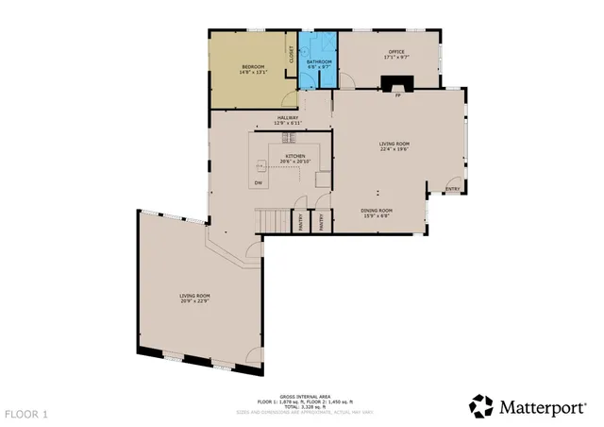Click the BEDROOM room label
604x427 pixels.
pyautogui.click(x=252, y=66)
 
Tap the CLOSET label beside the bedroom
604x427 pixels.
pyautogui.click(x=292, y=56)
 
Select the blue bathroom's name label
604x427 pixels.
pyautogui.click(x=319, y=61)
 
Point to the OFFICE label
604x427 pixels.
pyautogui.click(x=396, y=52)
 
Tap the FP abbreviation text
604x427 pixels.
pyautogui.click(x=397, y=96)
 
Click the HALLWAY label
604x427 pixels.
pyautogui.click(x=286, y=118)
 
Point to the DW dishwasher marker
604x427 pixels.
pyautogui.click(x=257, y=181)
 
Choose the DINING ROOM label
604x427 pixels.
pyautogui.click(x=376, y=211)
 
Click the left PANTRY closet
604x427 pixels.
pyautogui.click(x=302, y=221)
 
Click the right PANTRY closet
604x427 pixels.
pyautogui.click(x=322, y=221)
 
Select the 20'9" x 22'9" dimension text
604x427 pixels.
pyautogui.click(x=194, y=302)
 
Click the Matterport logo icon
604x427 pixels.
pyautogui.click(x=481, y=406)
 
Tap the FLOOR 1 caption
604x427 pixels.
pyautogui.click(x=25, y=414)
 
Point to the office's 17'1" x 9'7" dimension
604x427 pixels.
pyautogui.click(x=396, y=58)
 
